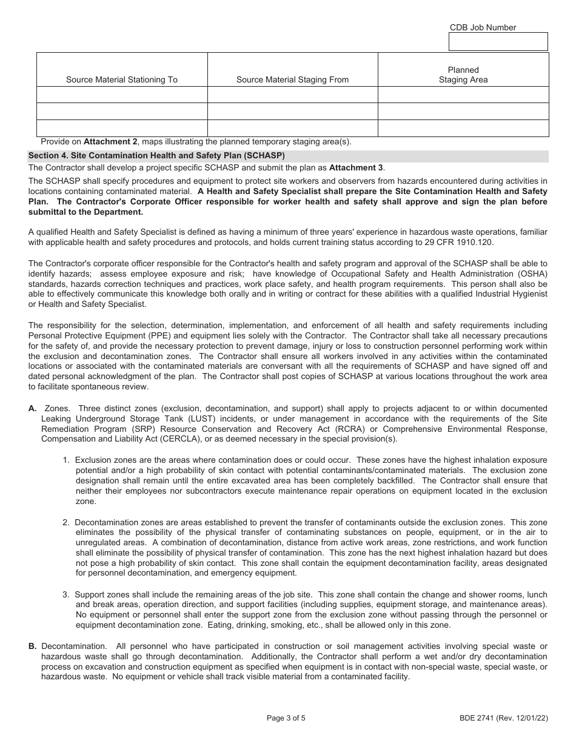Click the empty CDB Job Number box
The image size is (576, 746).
click(x=498, y=41)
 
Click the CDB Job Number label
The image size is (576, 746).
click(x=483, y=27)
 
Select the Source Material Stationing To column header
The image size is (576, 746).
click(x=122, y=79)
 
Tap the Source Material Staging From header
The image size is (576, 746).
click(x=292, y=79)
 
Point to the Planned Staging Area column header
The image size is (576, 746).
click(x=463, y=75)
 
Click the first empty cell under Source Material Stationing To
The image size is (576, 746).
click(x=122, y=95)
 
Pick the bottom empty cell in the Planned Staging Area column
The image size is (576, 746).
click(x=463, y=128)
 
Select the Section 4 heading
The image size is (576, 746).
click(x=156, y=155)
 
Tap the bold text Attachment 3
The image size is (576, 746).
click(x=357, y=168)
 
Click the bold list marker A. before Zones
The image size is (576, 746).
click(x=33, y=409)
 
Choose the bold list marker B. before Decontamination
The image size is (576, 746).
click(x=33, y=647)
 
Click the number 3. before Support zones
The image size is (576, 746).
click(x=66, y=595)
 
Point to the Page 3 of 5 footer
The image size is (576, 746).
click(x=286, y=719)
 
